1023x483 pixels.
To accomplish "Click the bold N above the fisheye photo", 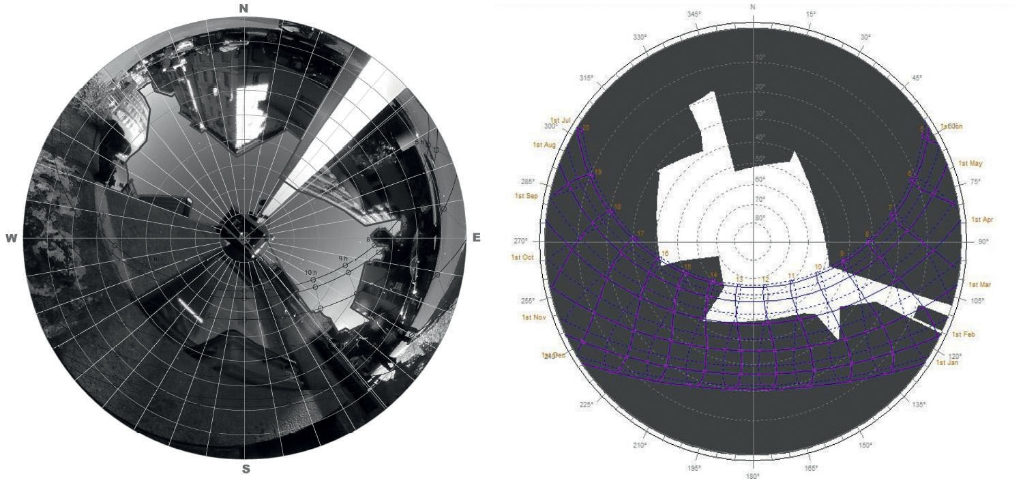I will point(243,8).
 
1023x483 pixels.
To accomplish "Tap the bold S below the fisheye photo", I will point(246,469).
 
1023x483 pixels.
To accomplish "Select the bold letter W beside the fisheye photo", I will point(11,238).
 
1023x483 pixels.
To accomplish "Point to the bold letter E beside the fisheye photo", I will point(476,237).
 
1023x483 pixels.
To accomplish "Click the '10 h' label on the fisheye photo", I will point(311,272).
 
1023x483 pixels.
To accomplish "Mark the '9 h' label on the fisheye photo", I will point(344,259).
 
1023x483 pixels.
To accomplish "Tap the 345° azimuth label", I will point(694,14).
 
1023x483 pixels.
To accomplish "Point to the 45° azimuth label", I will point(917,78).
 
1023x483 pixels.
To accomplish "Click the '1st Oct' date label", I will point(522,257).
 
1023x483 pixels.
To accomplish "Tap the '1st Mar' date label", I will point(981,284).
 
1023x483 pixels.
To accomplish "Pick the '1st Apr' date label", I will point(982,220).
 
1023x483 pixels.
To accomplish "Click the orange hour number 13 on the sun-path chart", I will point(740,279).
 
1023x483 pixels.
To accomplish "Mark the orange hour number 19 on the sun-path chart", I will point(597,173).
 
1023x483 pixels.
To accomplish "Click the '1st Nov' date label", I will point(534,317).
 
